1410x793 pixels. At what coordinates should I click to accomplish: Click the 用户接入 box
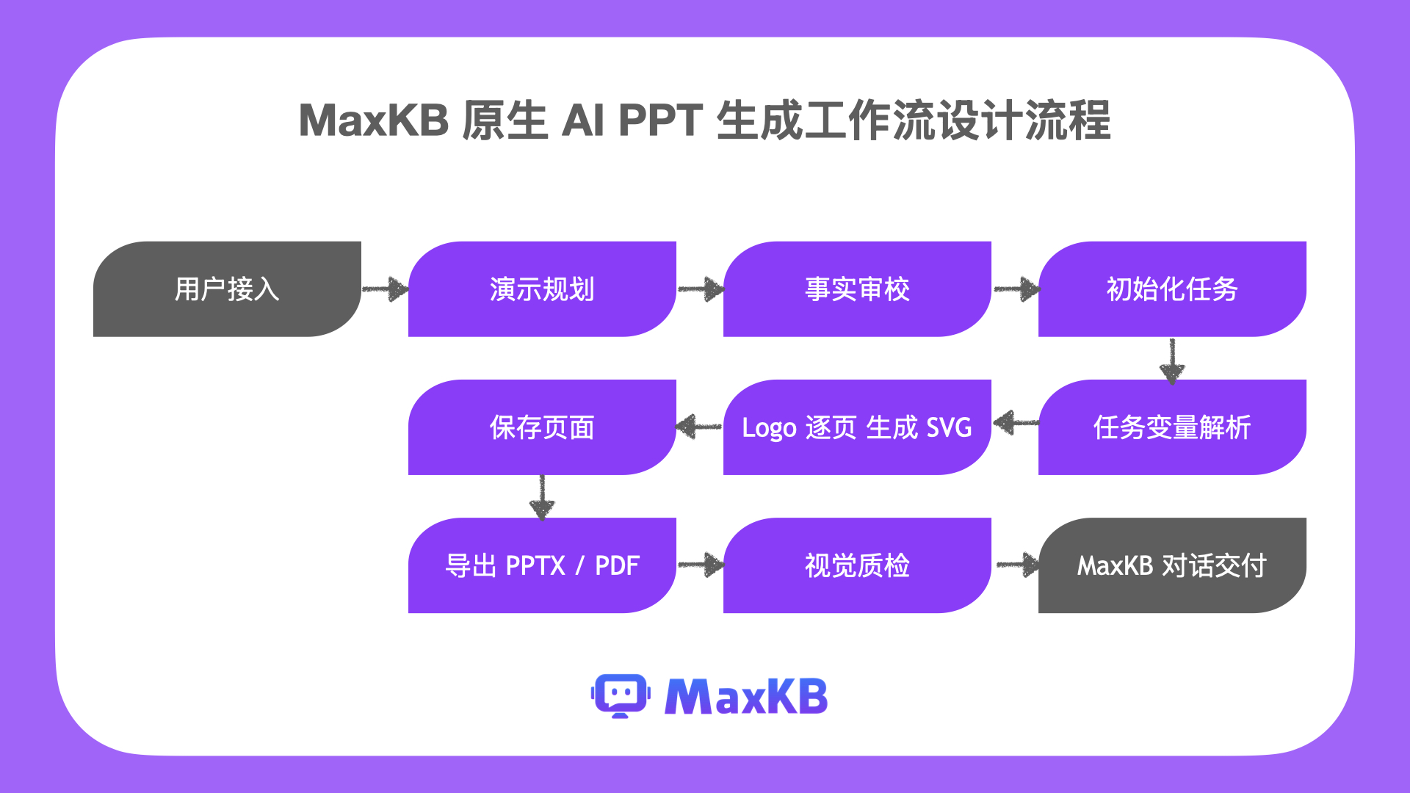(x=227, y=289)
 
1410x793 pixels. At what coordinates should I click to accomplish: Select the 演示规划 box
(x=542, y=289)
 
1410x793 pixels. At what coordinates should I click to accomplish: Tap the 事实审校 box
(x=857, y=289)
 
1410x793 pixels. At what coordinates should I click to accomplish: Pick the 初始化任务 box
(x=1172, y=289)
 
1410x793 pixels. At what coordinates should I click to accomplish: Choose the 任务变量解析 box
(x=1172, y=427)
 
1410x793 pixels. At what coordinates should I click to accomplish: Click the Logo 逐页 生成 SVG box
(x=857, y=427)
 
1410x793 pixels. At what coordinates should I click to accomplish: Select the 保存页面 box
(x=542, y=427)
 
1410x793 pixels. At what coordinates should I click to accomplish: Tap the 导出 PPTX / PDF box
(x=542, y=565)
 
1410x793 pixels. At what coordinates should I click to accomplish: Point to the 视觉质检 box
(x=857, y=565)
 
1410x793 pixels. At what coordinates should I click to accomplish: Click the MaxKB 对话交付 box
(x=1172, y=565)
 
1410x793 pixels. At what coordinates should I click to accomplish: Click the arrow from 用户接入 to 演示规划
(x=386, y=289)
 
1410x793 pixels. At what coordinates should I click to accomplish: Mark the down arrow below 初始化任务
(x=1172, y=361)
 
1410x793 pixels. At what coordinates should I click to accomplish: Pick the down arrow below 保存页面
(x=542, y=498)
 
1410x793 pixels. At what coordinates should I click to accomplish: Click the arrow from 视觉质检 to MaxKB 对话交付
(x=1018, y=565)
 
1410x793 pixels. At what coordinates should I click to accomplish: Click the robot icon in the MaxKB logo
(x=621, y=695)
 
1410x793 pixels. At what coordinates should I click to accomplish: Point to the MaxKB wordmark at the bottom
(x=746, y=696)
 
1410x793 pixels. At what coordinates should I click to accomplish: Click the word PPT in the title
(x=661, y=120)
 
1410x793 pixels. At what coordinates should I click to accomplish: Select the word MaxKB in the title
(x=374, y=120)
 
